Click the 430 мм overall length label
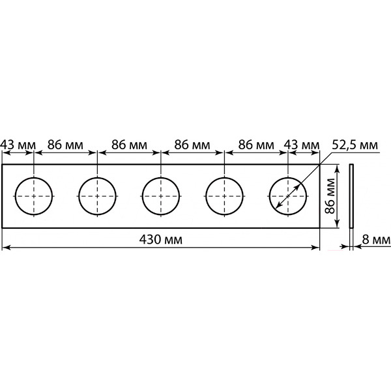pos(160,240)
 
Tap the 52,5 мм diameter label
pos(355,145)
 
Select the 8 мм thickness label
pos(376,240)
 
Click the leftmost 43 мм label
pos(18,145)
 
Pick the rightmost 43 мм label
pos(302,145)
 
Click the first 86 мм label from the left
pos(65,145)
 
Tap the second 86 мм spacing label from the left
pos(129,145)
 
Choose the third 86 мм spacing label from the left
pos(192,145)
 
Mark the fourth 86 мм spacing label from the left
pos(256,145)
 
